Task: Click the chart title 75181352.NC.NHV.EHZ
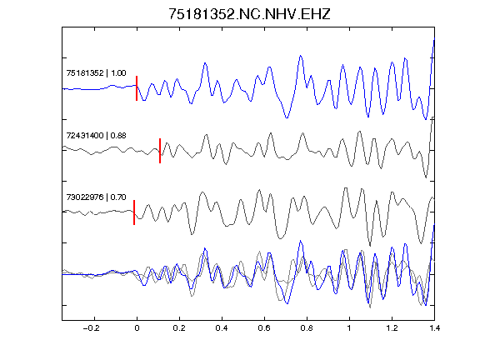pyautogui.click(x=249, y=14)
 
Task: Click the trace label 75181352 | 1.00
pyautogui.click(x=96, y=73)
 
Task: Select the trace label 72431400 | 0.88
pyautogui.click(x=96, y=136)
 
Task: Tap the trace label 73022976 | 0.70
pyautogui.click(x=96, y=197)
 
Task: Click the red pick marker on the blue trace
pyautogui.click(x=137, y=88)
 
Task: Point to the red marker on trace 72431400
pyautogui.click(x=160, y=151)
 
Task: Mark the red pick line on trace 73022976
pyautogui.click(x=134, y=212)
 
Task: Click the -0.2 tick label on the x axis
pyautogui.click(x=92, y=328)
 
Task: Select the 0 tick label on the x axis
pyautogui.click(x=137, y=328)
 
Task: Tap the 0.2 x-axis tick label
pyautogui.click(x=179, y=328)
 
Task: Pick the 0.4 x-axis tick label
pyautogui.click(x=222, y=328)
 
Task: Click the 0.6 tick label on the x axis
pyautogui.click(x=264, y=328)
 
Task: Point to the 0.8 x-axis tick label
pyautogui.click(x=307, y=328)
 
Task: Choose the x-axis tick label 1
pyautogui.click(x=349, y=328)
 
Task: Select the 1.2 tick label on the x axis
pyautogui.click(x=392, y=328)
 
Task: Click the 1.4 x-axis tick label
pyautogui.click(x=434, y=328)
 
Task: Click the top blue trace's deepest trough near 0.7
pyautogui.click(x=287, y=117)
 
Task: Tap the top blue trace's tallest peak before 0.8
pyautogui.click(x=300, y=56)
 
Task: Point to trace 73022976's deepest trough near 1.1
pyautogui.click(x=370, y=246)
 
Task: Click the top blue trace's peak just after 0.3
pyautogui.click(x=205, y=63)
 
